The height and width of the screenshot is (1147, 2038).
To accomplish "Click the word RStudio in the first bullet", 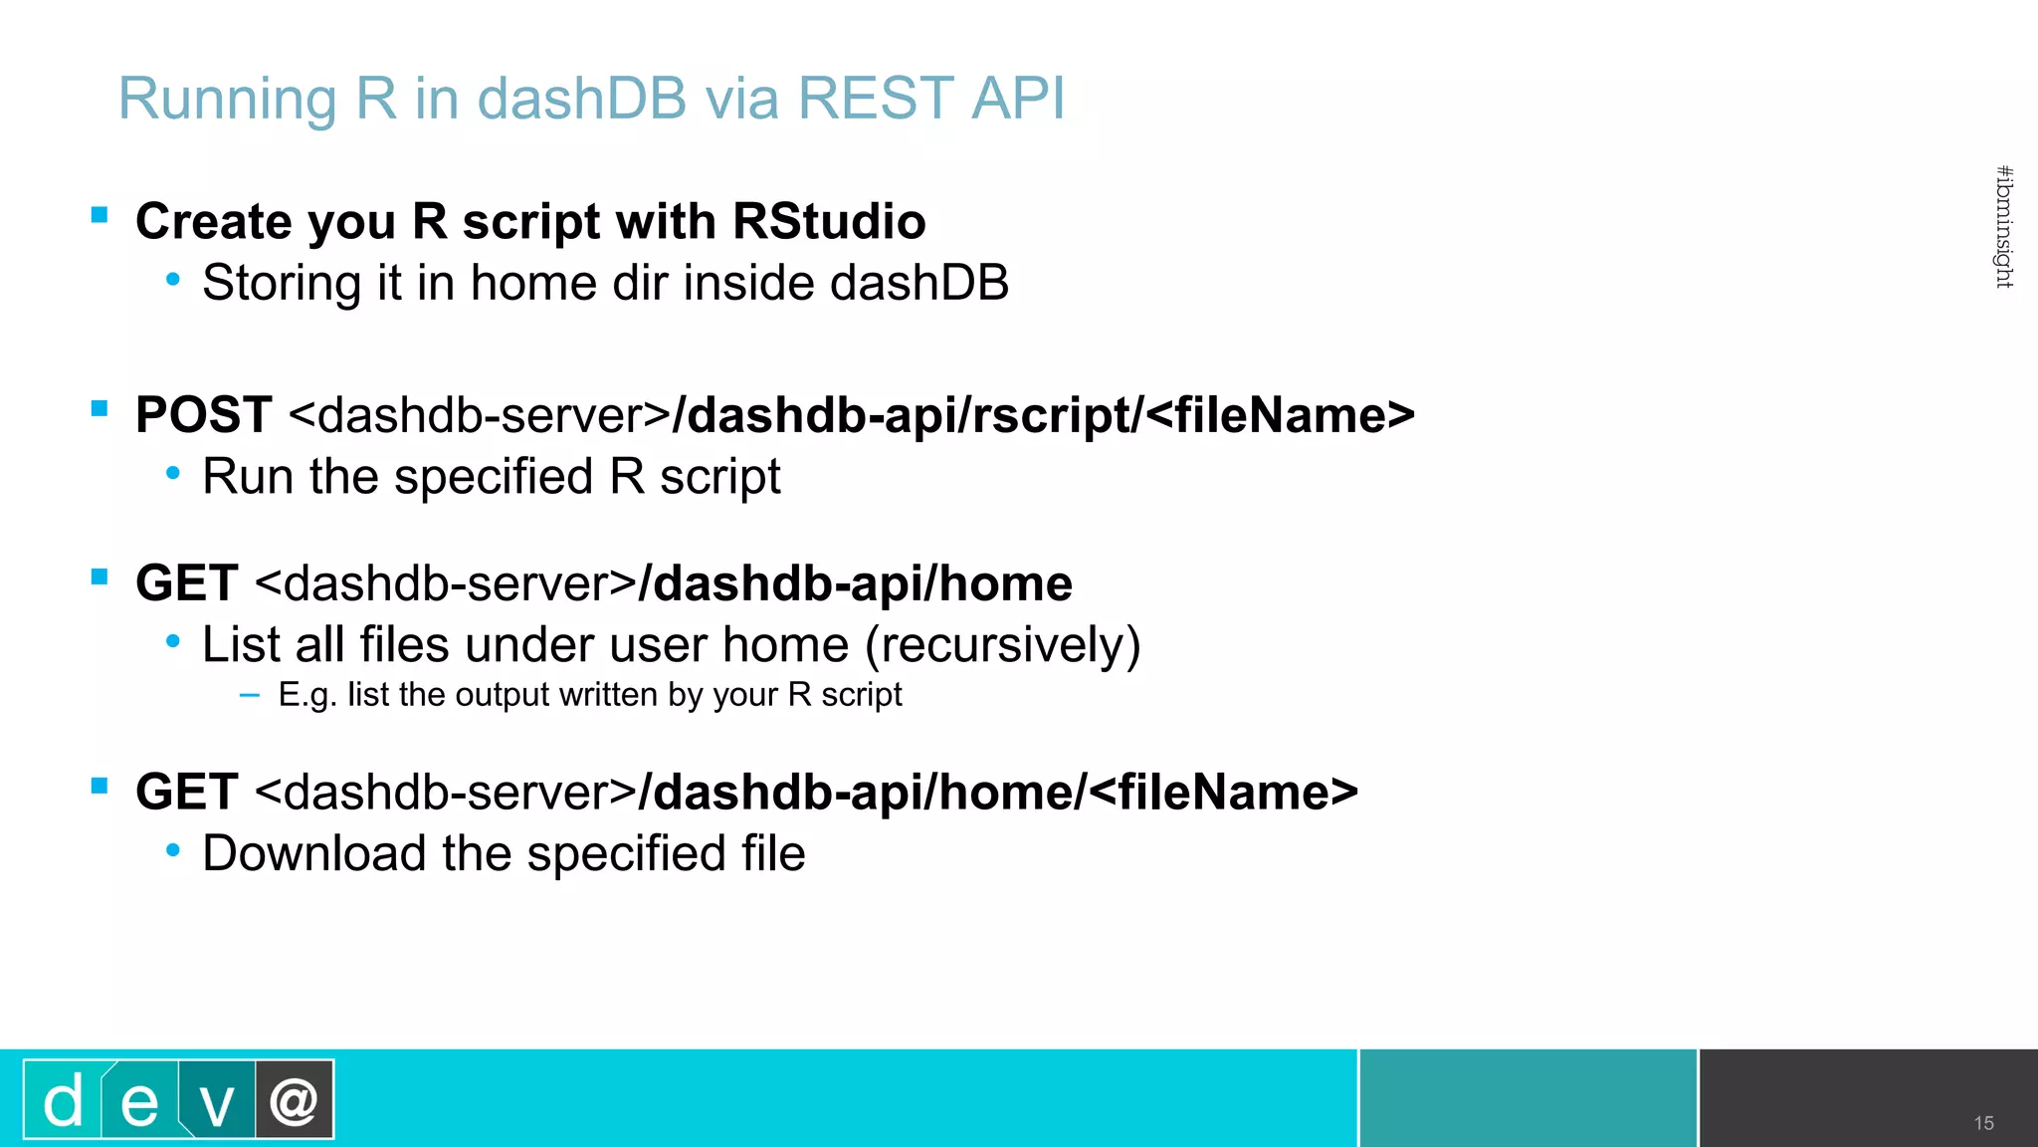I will click(x=829, y=221).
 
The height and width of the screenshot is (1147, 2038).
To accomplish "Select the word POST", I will click(x=204, y=414).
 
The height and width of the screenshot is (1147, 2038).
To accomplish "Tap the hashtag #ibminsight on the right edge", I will click(x=2004, y=227).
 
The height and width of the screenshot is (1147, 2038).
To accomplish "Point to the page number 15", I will click(x=1983, y=1123).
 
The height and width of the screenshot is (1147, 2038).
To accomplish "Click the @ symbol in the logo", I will click(x=295, y=1101).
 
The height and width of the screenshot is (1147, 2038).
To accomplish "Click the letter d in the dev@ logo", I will click(x=63, y=1101).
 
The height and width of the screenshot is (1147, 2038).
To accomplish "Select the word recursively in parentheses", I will click(x=1002, y=645).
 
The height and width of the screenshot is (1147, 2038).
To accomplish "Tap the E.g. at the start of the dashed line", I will click(x=307, y=695).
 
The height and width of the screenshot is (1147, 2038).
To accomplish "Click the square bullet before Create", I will click(x=100, y=215).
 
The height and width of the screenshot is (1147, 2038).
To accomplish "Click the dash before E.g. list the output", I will click(x=250, y=695).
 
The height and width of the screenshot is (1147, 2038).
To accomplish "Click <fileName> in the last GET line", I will click(x=1223, y=793).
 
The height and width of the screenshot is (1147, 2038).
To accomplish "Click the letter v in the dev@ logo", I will click(x=217, y=1103).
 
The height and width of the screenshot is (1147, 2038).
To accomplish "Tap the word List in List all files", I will click(x=240, y=645).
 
